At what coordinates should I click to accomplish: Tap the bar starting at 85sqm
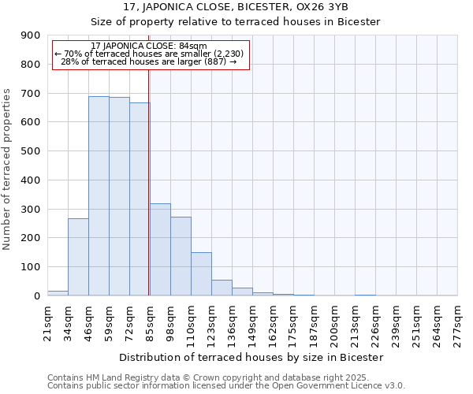[x=160, y=249]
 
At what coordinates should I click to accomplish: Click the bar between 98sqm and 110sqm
[x=181, y=256]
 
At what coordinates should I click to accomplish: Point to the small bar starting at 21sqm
[x=58, y=292]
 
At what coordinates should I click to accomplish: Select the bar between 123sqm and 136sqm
[x=222, y=288]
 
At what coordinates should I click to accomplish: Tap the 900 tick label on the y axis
[x=31, y=35]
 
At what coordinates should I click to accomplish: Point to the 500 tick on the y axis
[x=31, y=151]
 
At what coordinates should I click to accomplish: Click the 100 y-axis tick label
[x=31, y=267]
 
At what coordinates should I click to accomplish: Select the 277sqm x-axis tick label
[x=457, y=324]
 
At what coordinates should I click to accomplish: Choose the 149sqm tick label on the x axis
[x=252, y=324]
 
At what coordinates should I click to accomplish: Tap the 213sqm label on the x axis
[x=355, y=324]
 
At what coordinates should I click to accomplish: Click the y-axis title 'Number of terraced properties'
[x=7, y=169]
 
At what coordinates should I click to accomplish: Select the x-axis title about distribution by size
[x=252, y=357]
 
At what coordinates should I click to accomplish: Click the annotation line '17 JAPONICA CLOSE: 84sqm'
[x=149, y=46]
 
